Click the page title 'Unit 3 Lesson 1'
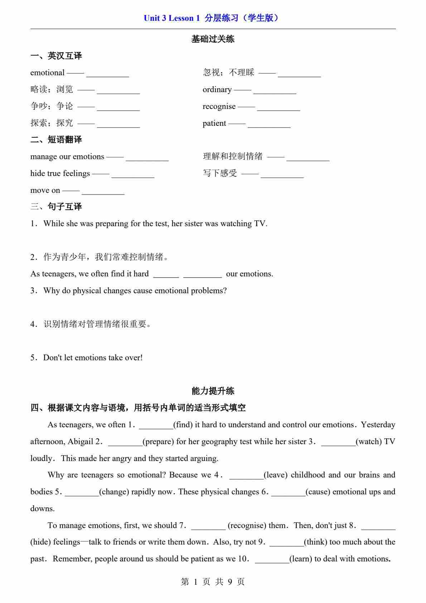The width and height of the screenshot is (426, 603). coord(171,18)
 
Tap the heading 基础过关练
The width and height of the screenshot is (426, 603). coord(213,39)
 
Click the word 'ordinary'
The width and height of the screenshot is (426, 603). coord(217,90)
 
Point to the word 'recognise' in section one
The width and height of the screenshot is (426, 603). coord(219,106)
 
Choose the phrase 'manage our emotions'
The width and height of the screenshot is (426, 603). coord(67,157)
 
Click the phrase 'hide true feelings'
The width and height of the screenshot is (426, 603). coord(60,174)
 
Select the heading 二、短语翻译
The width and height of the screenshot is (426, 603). coord(56,140)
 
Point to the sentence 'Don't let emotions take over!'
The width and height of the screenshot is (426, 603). coord(93,358)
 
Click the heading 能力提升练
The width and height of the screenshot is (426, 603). coord(213,391)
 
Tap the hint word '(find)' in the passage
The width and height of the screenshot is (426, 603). coord(183,425)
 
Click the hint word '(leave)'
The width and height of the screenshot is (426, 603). coord(276,475)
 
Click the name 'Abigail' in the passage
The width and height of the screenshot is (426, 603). coord(81,442)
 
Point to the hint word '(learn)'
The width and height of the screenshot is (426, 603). coord(301,559)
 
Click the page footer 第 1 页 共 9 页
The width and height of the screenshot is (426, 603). coord(213,582)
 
